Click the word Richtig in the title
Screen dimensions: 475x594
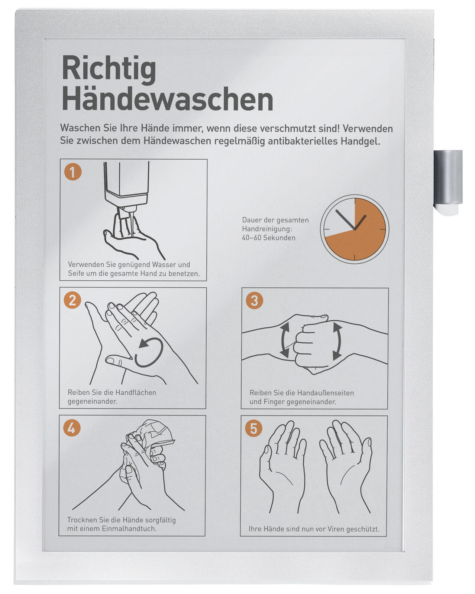[x=109, y=70]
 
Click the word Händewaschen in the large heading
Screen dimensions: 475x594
[x=168, y=99]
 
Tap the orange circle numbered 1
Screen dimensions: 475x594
[x=73, y=172]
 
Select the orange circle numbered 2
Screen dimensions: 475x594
[x=72, y=300]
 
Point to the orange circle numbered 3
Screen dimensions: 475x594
[x=254, y=301]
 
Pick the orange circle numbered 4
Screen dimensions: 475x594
[x=72, y=428]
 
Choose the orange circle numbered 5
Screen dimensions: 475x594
[x=253, y=428]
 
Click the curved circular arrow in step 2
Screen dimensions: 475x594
[x=149, y=352]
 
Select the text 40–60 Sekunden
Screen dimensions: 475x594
[x=269, y=238]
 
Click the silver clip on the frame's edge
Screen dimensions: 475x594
[x=447, y=182]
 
